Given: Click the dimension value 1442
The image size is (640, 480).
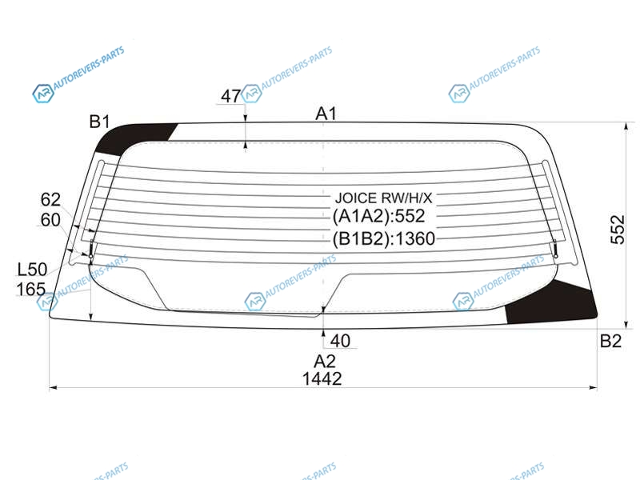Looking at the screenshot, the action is tap(322, 378).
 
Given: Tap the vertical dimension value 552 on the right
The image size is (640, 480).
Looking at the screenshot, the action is tap(618, 230).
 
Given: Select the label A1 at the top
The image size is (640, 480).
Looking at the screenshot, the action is tap(326, 114).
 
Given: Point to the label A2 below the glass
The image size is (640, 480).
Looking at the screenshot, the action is tap(325, 362).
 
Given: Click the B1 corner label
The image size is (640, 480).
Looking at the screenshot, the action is tap(99, 122).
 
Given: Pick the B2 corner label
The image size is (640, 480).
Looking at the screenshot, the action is tap(610, 341).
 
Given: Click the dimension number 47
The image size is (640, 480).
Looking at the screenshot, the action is tap(230, 96).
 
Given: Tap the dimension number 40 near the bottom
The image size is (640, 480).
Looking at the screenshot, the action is tap(340, 341).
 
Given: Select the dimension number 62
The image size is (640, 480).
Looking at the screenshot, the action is tap(50, 199).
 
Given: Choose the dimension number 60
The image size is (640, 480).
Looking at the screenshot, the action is tap(50, 220).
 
